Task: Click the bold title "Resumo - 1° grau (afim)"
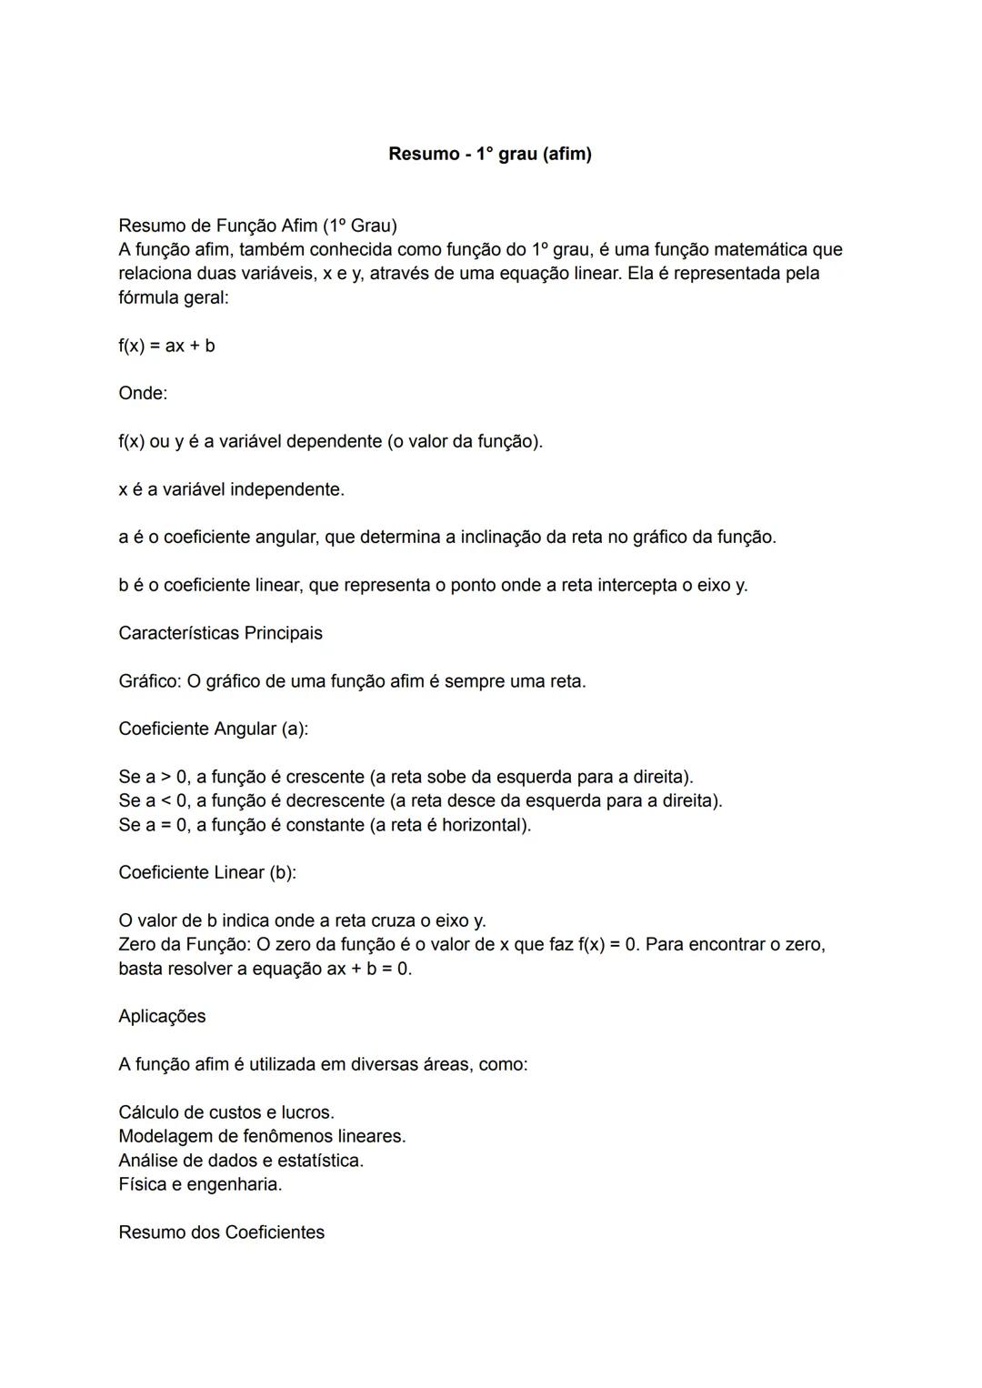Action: coord(489,154)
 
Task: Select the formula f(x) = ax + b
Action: coord(166,346)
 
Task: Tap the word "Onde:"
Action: coord(143,394)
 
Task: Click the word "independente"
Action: coord(286,489)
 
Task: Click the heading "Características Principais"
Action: coord(220,633)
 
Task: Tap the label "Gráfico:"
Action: coord(149,681)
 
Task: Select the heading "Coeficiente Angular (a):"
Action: coord(213,729)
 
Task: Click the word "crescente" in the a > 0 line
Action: coord(325,778)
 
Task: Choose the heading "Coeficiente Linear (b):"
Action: coord(207,872)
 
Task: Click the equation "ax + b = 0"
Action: coord(368,969)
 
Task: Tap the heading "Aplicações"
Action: coord(162,1016)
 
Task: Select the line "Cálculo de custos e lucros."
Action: coord(226,1112)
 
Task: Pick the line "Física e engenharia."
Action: coord(200,1184)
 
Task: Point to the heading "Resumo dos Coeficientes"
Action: coord(221,1232)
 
